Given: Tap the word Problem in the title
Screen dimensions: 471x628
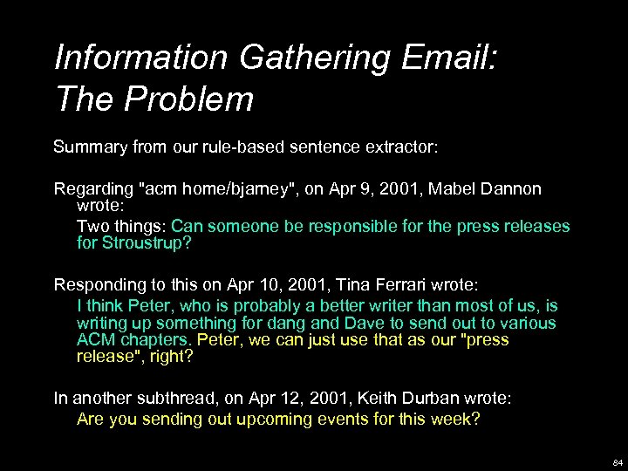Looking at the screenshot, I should pyautogui.click(x=189, y=99).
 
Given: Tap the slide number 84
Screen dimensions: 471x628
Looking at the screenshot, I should pyautogui.click(x=617, y=461).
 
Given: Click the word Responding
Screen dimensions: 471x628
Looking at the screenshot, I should pyautogui.click(x=99, y=284).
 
